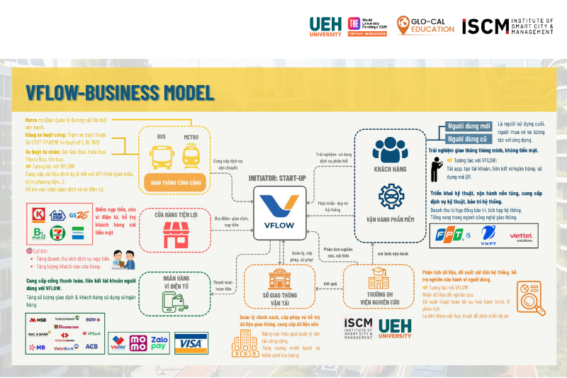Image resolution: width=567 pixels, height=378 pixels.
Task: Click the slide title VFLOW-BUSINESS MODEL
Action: (x=120, y=92)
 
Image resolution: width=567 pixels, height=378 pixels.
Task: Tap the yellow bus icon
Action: (x=161, y=152)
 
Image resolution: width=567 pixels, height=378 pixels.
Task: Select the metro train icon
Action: (x=191, y=153)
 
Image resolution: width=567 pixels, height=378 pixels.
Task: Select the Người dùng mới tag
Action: (x=465, y=126)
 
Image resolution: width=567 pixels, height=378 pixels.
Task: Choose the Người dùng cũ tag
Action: (x=465, y=138)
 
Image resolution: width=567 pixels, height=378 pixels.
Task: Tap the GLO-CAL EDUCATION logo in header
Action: (x=425, y=26)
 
